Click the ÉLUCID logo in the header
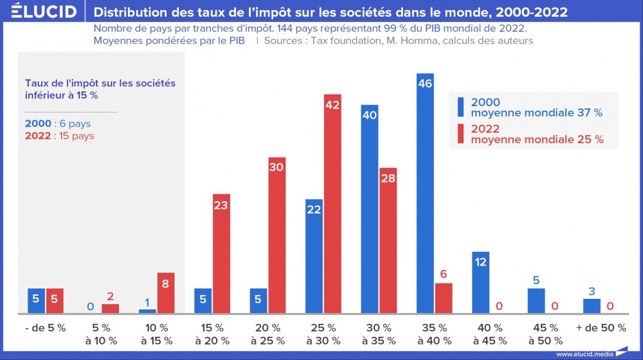click(44, 12)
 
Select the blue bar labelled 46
click(425, 193)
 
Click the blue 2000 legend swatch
click(460, 107)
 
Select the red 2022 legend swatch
click(460, 134)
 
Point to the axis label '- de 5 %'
click(46, 328)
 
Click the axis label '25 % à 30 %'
click(323, 334)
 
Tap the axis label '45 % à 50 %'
click(545, 334)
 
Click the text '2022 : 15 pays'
click(59, 136)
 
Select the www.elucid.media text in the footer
click(583, 354)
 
